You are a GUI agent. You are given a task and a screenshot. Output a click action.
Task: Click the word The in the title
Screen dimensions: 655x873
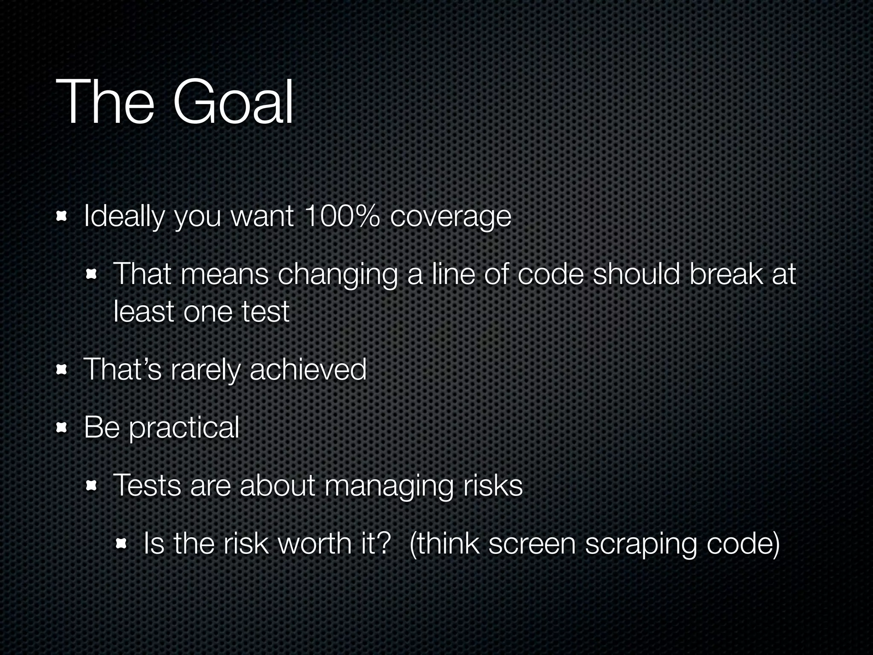pyautogui.click(x=105, y=102)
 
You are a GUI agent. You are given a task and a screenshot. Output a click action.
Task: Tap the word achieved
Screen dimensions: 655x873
pyautogui.click(x=308, y=369)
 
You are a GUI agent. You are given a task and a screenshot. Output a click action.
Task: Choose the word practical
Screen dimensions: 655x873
pyautogui.click(x=184, y=428)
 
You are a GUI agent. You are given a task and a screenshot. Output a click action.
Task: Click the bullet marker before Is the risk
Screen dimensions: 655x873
pyautogui.click(x=121, y=544)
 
